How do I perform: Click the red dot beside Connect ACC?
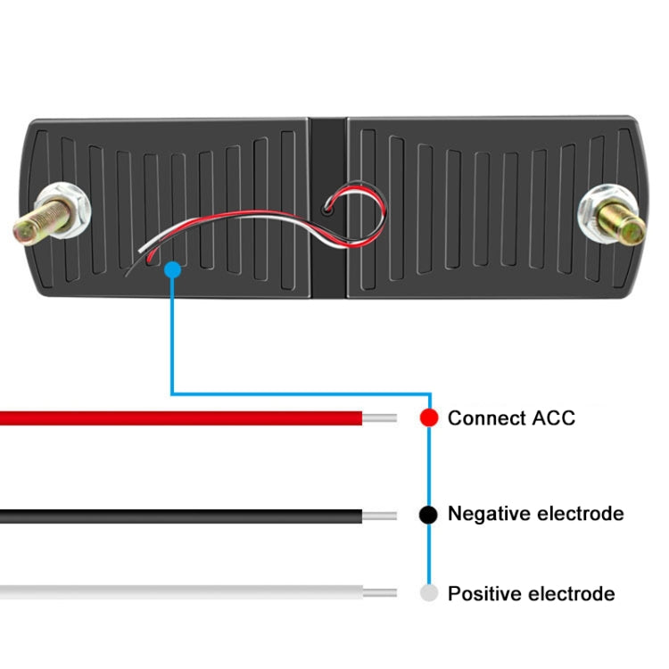429,417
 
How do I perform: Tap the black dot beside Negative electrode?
429,515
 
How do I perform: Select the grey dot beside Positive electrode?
429,593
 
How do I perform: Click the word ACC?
551,417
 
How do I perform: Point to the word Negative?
488,515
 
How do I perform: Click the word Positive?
483,593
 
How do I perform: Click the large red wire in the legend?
178,417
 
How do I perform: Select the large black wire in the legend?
178,516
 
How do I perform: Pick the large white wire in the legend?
178,592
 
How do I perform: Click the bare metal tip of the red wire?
379,417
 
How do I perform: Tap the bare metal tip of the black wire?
379,516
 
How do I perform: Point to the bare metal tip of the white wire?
379,592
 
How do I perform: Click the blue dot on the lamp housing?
173,268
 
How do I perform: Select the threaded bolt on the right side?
624,221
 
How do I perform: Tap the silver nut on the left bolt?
70,210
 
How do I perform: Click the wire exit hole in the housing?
329,211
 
